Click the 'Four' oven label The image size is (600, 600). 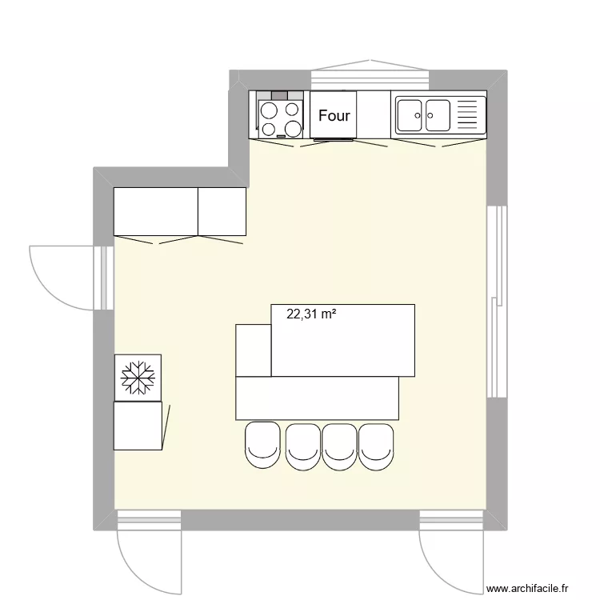click(x=334, y=115)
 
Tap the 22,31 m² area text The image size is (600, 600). click(x=311, y=315)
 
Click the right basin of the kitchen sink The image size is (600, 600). click(x=438, y=115)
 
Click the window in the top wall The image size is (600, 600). click(x=369, y=78)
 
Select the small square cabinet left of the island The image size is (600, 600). click(x=254, y=350)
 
